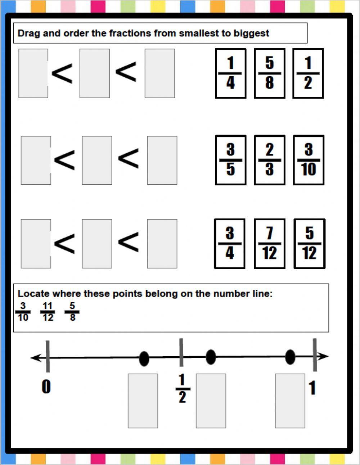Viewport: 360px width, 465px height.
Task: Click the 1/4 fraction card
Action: pyautogui.click(x=230, y=73)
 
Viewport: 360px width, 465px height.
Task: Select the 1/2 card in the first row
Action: pyautogui.click(x=308, y=73)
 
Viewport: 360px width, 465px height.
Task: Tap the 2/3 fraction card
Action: pyautogui.click(x=269, y=160)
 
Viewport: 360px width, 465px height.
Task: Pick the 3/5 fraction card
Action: pyautogui.click(x=230, y=160)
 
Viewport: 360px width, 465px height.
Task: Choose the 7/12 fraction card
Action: pyautogui.click(x=269, y=244)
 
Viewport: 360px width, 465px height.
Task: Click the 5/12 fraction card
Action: pyautogui.click(x=309, y=244)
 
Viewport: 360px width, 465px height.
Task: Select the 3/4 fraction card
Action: pyautogui.click(x=230, y=244)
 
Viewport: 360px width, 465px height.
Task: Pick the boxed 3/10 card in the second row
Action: pyautogui.click(x=309, y=160)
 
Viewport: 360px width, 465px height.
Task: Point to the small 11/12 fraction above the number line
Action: pyautogui.click(x=48, y=312)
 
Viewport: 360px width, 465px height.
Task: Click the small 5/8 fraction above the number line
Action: pyautogui.click(x=72, y=312)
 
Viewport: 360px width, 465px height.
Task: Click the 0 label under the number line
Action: pyautogui.click(x=46, y=387)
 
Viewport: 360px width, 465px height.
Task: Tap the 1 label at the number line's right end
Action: pyautogui.click(x=312, y=388)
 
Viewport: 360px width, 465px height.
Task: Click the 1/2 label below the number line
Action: pyautogui.click(x=182, y=389)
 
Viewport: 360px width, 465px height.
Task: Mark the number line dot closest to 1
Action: pyautogui.click(x=290, y=357)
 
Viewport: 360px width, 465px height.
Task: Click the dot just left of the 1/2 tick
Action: pyautogui.click(x=144, y=358)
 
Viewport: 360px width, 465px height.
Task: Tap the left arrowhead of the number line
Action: pyautogui.click(x=35, y=358)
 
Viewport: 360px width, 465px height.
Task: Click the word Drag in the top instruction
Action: pyautogui.click(x=28, y=33)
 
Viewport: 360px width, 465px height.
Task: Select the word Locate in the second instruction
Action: pyautogui.click(x=32, y=294)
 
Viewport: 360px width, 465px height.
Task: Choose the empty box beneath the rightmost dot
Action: pyautogui.click(x=290, y=401)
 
